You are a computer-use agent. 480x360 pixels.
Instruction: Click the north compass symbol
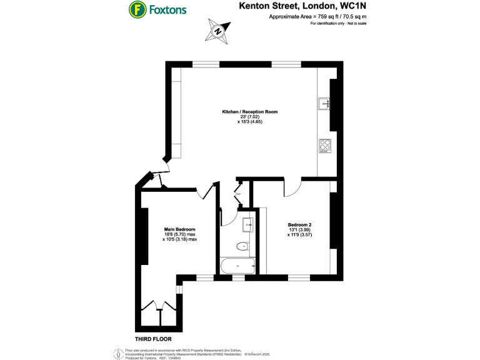tap(217, 30)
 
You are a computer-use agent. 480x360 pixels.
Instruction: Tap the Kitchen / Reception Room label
tap(249, 112)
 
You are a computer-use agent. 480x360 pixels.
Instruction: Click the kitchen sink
tap(324, 104)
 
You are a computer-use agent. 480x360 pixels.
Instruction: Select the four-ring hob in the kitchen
tap(324, 145)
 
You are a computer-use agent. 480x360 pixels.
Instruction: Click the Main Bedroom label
tap(180, 229)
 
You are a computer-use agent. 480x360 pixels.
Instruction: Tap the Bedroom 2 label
tap(299, 225)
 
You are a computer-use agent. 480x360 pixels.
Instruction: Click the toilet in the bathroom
tap(243, 246)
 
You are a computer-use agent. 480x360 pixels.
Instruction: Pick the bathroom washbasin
tap(248, 222)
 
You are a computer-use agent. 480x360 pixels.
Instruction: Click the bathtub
tap(237, 267)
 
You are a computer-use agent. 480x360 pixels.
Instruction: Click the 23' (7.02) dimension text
tap(249, 117)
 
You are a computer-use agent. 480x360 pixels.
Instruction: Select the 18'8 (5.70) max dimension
tap(180, 234)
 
